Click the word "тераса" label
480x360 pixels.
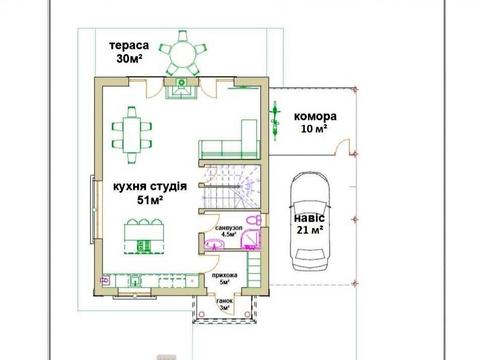(x=129, y=46)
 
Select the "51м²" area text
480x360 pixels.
(x=150, y=200)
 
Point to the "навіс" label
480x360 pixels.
(x=308, y=216)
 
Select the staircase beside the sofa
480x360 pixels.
(x=235, y=188)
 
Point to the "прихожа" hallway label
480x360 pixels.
(x=225, y=275)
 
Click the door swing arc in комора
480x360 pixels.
(x=349, y=147)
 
